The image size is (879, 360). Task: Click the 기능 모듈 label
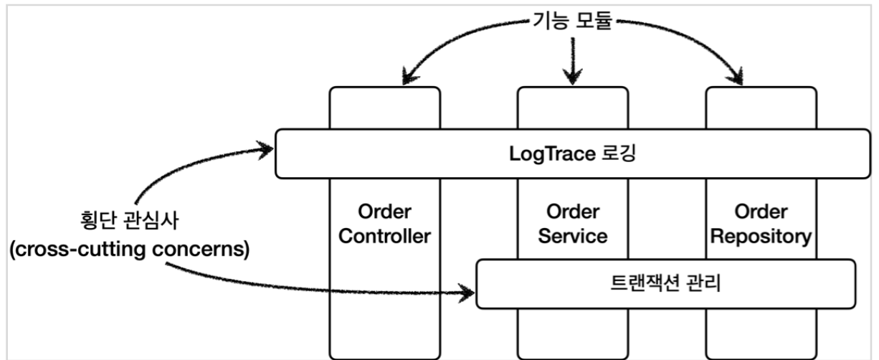[571, 22]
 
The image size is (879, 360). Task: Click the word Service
[572, 237]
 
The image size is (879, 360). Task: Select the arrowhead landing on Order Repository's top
[737, 76]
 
